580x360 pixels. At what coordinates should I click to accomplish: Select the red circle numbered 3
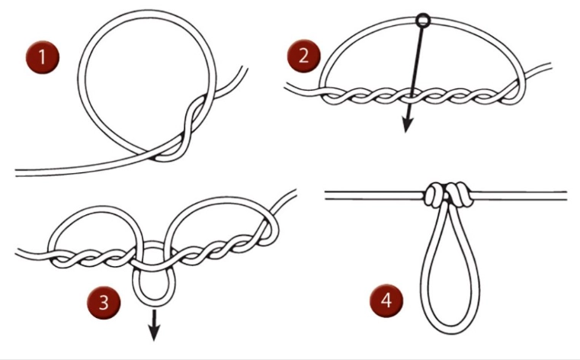(107, 302)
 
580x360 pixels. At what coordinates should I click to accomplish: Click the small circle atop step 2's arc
(424, 20)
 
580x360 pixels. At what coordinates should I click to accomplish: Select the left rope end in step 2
(288, 90)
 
